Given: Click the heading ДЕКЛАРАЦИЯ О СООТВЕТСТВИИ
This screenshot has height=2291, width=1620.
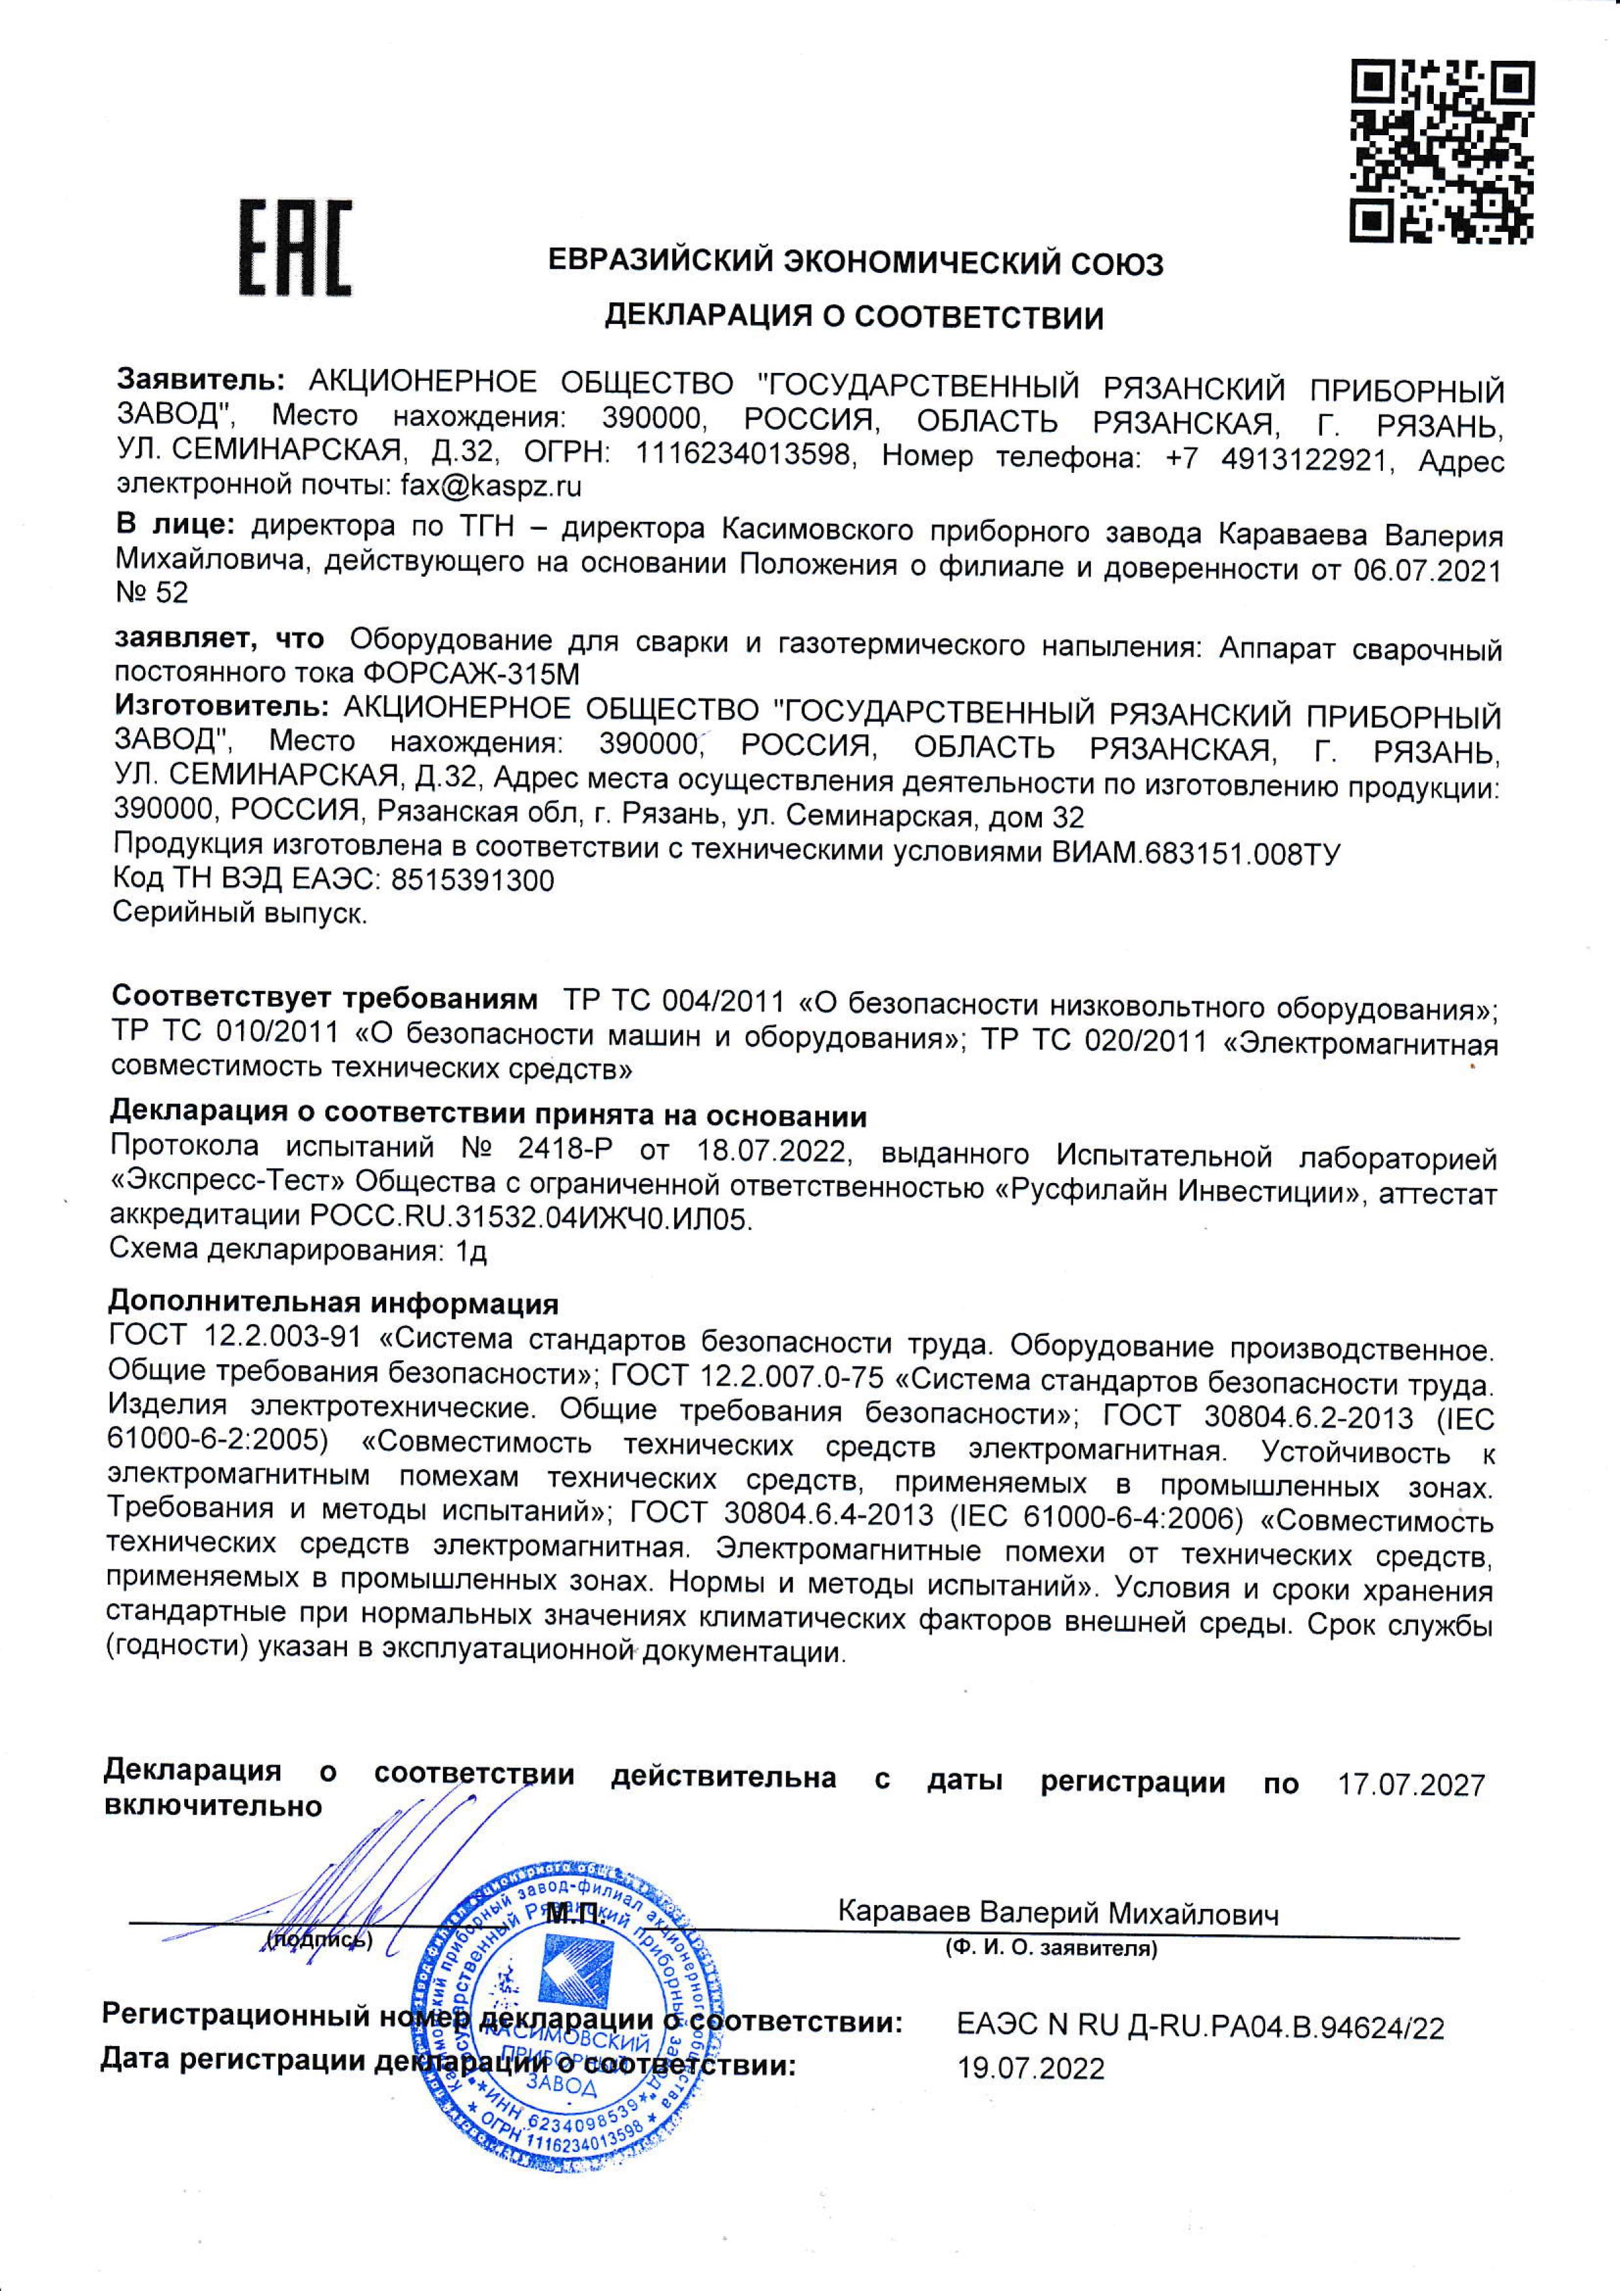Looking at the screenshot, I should click(x=856, y=317).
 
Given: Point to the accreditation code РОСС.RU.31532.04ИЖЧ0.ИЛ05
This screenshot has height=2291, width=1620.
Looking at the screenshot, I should click(x=528, y=1220).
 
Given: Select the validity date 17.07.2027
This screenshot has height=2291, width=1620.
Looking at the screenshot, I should click(x=1410, y=1785).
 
